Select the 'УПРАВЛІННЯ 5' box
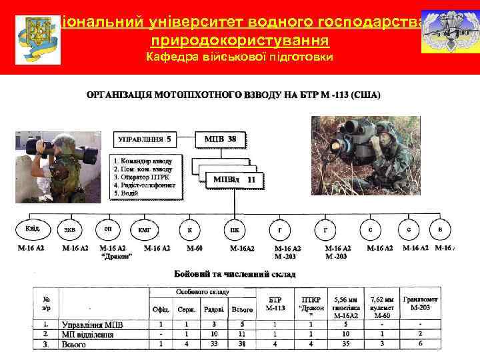145,139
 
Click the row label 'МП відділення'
87,334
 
